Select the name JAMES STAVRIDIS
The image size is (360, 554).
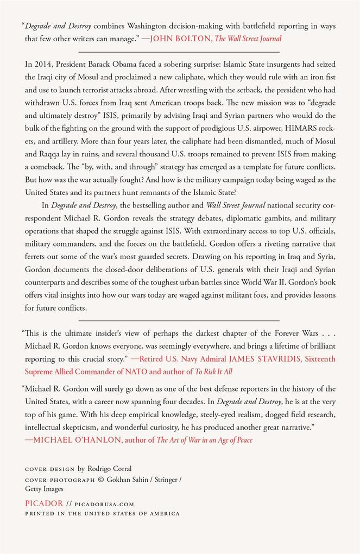[x=258, y=358]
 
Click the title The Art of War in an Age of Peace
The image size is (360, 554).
[x=204, y=440]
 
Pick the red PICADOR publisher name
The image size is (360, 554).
[x=44, y=503]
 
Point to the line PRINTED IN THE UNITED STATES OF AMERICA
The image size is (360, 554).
[x=102, y=513]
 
